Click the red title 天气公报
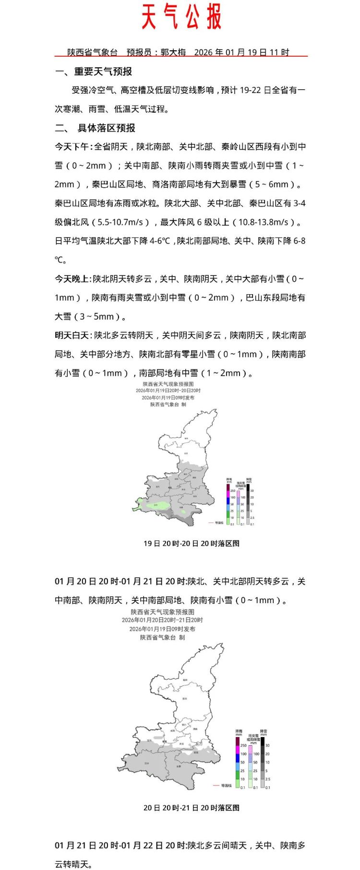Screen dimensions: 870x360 [x=181, y=18]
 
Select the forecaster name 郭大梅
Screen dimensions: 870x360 [x=173, y=52]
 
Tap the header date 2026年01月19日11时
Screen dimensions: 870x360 [x=241, y=52]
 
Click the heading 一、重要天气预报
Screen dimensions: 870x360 [x=94, y=72]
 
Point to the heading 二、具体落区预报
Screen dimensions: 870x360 [x=95, y=128]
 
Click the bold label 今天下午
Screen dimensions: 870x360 [x=72, y=147]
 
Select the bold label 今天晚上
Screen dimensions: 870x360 [x=72, y=279]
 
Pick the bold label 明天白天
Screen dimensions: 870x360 [x=72, y=335]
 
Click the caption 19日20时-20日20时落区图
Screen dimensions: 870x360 [x=191, y=543]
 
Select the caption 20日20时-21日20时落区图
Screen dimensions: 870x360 [x=191, y=808]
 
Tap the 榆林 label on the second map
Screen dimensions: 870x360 [x=185, y=679]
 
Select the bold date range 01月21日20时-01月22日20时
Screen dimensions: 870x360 [x=120, y=846]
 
